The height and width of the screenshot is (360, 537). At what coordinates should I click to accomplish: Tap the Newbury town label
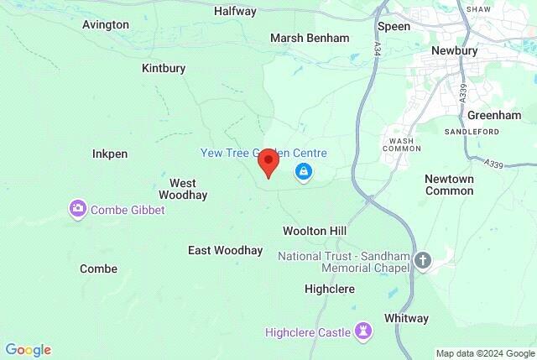pyautogui.click(x=454, y=50)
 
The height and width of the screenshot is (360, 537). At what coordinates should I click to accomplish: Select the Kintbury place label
pyautogui.click(x=164, y=68)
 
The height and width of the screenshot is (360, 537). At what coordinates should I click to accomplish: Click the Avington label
pyautogui.click(x=106, y=24)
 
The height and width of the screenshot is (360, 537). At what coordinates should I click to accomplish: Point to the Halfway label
pyautogui.click(x=235, y=12)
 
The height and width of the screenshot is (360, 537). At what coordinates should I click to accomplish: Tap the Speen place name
pyautogui.click(x=394, y=27)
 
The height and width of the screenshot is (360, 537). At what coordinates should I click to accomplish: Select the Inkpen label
pyautogui.click(x=110, y=154)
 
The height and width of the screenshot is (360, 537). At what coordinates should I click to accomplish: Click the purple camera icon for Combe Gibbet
pyautogui.click(x=78, y=209)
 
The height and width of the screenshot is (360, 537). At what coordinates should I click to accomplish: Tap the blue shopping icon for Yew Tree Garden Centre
pyautogui.click(x=303, y=173)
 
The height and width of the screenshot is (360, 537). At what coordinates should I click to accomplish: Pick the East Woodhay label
pyautogui.click(x=225, y=250)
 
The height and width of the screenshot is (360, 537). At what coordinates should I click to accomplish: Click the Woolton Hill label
pyautogui.click(x=315, y=230)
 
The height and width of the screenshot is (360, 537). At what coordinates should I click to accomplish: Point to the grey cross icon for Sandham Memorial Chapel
pyautogui.click(x=422, y=261)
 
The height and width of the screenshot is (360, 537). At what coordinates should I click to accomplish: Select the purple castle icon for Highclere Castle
pyautogui.click(x=363, y=332)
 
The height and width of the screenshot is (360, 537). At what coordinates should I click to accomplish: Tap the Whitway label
pyautogui.click(x=406, y=318)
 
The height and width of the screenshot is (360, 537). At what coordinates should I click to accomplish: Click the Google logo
pyautogui.click(x=28, y=350)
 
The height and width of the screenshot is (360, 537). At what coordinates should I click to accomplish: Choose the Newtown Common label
pyautogui.click(x=449, y=185)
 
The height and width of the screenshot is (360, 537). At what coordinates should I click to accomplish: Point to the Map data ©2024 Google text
pyautogui.click(x=484, y=353)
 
